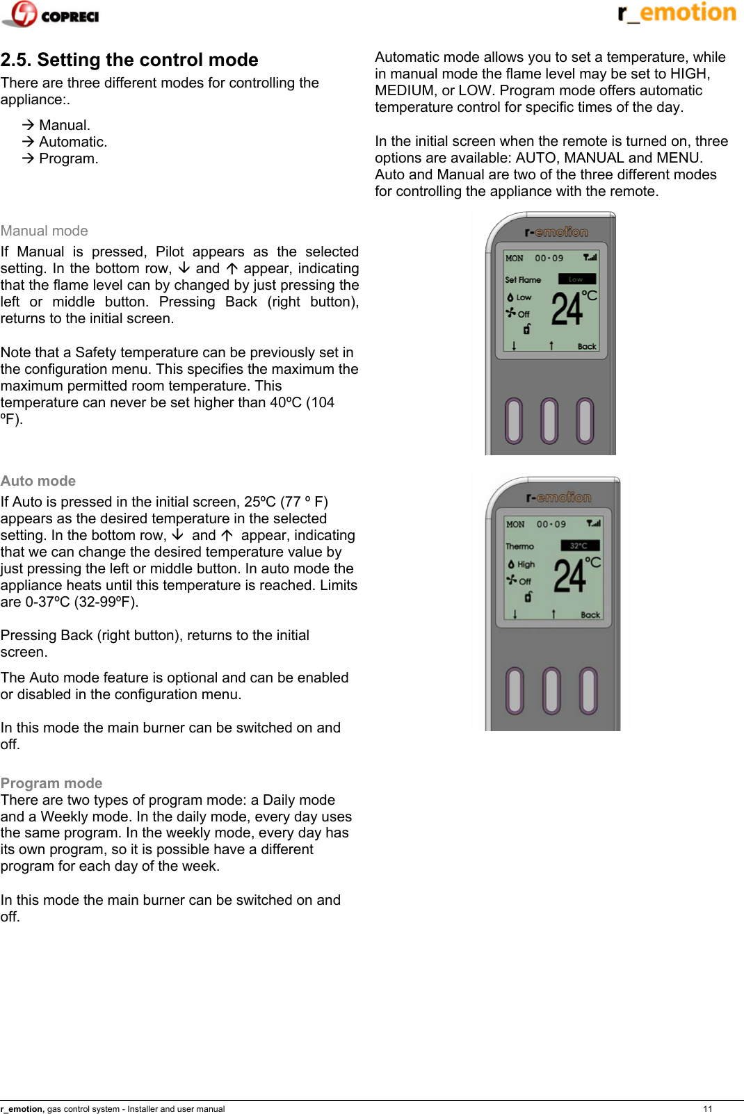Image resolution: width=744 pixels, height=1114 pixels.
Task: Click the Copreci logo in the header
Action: click(x=51, y=15)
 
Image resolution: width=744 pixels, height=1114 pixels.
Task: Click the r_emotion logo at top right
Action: click(x=676, y=13)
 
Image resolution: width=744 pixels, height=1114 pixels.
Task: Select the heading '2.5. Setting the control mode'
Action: click(x=129, y=60)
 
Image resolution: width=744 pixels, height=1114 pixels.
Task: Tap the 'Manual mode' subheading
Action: click(x=45, y=231)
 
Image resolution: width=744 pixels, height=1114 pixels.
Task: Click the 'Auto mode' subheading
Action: click(x=38, y=481)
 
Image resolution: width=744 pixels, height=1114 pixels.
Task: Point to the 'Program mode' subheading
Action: click(x=51, y=783)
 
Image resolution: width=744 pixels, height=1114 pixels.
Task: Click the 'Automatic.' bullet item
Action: click(x=72, y=142)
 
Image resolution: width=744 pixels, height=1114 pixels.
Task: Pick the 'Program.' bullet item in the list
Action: click(x=68, y=158)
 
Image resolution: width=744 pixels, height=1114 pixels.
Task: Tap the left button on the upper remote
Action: click(x=514, y=420)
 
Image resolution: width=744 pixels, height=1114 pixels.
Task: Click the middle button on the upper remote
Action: click(x=549, y=420)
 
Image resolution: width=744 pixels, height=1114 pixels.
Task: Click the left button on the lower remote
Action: click(x=515, y=691)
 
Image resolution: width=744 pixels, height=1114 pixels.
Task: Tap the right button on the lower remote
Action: click(x=588, y=691)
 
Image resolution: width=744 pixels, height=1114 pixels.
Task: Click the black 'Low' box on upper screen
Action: click(x=576, y=279)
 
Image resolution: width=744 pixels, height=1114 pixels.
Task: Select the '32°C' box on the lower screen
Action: click(x=579, y=546)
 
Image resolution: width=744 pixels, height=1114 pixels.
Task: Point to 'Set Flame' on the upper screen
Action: click(x=523, y=280)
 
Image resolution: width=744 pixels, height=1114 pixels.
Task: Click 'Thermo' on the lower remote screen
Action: click(x=519, y=546)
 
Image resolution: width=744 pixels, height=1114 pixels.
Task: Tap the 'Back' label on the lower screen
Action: click(x=590, y=615)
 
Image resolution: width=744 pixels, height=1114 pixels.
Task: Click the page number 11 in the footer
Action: click(x=708, y=1108)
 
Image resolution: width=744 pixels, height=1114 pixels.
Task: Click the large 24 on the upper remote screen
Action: click(x=567, y=310)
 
